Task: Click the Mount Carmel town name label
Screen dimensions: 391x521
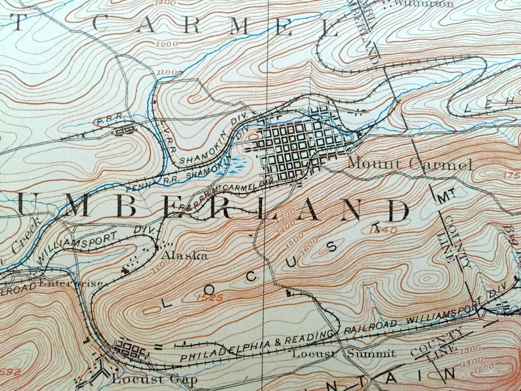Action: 409,164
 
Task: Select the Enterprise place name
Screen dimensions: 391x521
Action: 70,284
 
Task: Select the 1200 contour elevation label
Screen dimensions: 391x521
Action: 167,43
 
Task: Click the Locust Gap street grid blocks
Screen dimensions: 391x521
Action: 132,346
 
